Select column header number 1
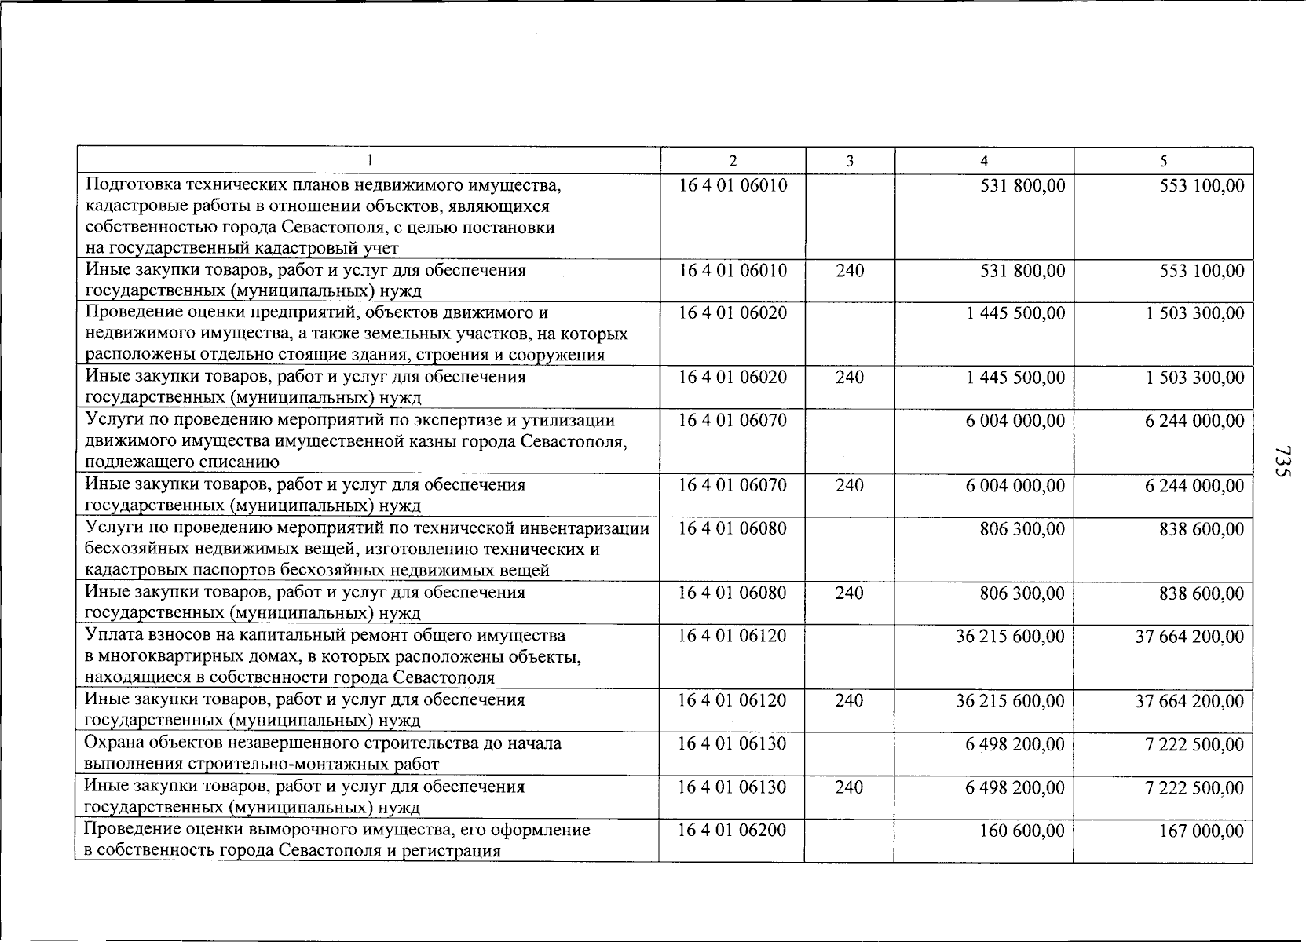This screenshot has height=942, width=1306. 368,161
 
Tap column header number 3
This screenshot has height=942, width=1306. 849,161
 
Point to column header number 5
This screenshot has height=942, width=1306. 1163,161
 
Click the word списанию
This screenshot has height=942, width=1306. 243,462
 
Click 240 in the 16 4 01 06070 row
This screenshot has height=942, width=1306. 849,485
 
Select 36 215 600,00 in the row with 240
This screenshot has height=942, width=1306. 1010,700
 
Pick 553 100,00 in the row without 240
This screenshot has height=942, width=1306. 1202,186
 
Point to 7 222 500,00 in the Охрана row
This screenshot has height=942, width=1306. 1194,743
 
